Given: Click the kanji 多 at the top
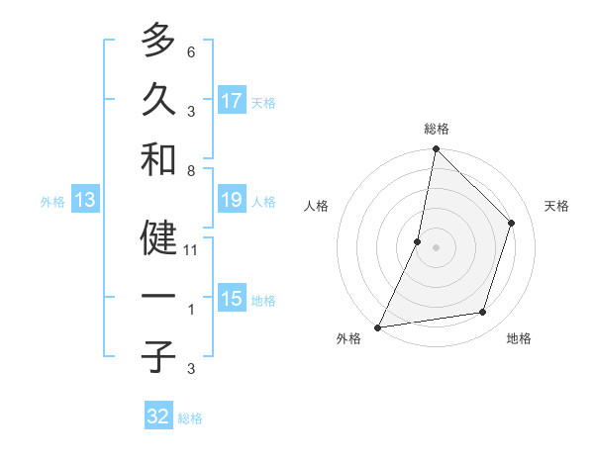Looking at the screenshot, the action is (x=158, y=41).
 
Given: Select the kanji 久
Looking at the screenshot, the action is (x=158, y=99).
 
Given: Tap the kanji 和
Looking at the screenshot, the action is (x=158, y=158).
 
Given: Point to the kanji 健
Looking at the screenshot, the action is (x=158, y=239).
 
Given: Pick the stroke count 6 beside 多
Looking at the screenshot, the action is (x=191, y=51).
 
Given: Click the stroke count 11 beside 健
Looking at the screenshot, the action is (x=191, y=250).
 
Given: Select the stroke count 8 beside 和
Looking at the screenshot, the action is (x=191, y=170).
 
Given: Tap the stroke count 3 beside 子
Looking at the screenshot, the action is (x=191, y=369).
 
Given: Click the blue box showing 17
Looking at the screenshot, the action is (x=232, y=101).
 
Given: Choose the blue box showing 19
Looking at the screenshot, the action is (x=232, y=200).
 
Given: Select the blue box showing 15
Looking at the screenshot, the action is (x=232, y=299).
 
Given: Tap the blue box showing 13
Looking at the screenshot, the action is (x=85, y=200).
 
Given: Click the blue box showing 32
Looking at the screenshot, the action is (x=158, y=417).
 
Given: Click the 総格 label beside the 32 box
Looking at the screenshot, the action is (x=190, y=418).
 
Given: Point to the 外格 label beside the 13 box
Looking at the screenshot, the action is (x=52, y=202).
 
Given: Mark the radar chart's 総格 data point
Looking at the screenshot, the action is (x=436, y=149).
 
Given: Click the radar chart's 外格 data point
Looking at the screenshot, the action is (x=377, y=326).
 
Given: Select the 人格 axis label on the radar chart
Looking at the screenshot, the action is (x=316, y=207).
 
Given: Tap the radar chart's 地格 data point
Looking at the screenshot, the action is (x=483, y=313).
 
